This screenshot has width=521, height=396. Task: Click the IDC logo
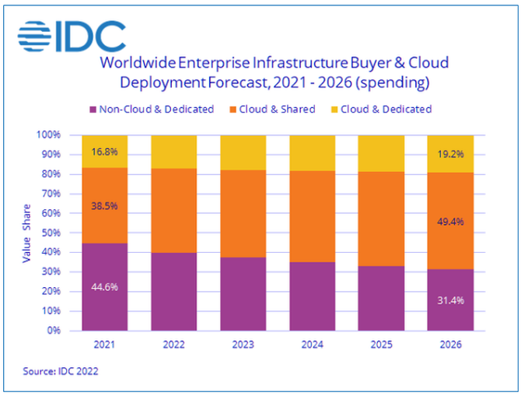(x=72, y=35)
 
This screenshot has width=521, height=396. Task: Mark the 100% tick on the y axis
(x=50, y=135)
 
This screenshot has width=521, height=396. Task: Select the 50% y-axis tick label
(x=53, y=233)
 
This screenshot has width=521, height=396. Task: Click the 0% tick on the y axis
(x=56, y=331)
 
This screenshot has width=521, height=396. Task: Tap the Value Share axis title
(x=26, y=233)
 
